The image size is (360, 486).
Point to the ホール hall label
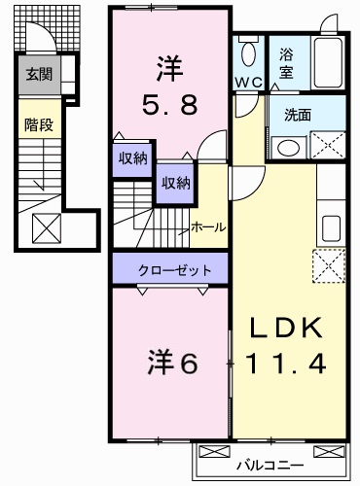point(208,226)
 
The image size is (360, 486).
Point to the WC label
point(247,82)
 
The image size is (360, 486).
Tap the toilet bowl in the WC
point(249,53)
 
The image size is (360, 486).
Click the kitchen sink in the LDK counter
point(331,230)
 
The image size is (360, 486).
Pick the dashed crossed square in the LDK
point(329,264)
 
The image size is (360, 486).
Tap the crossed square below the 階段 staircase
point(46,228)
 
